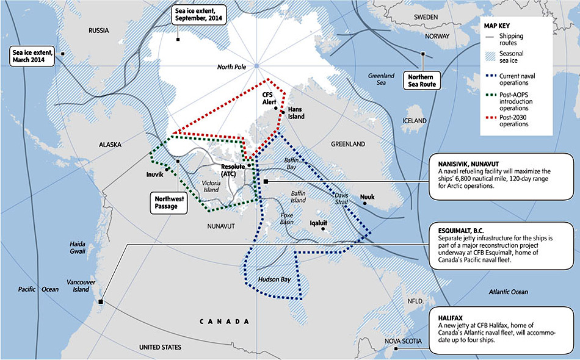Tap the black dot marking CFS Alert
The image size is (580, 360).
click(x=276, y=109)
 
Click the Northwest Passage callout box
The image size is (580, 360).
click(x=165, y=202)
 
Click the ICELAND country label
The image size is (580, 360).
click(x=415, y=121)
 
